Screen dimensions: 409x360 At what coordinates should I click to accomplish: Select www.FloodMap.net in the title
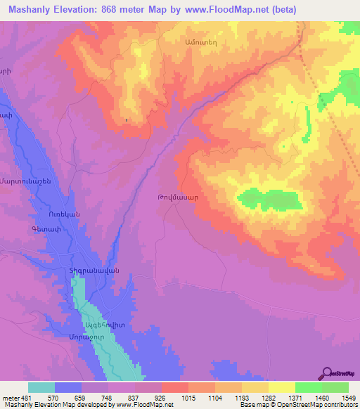(x=221, y=9)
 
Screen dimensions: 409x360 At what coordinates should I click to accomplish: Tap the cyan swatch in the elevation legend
(x=41, y=387)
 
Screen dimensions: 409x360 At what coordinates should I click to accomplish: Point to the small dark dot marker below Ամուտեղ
(x=127, y=120)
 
